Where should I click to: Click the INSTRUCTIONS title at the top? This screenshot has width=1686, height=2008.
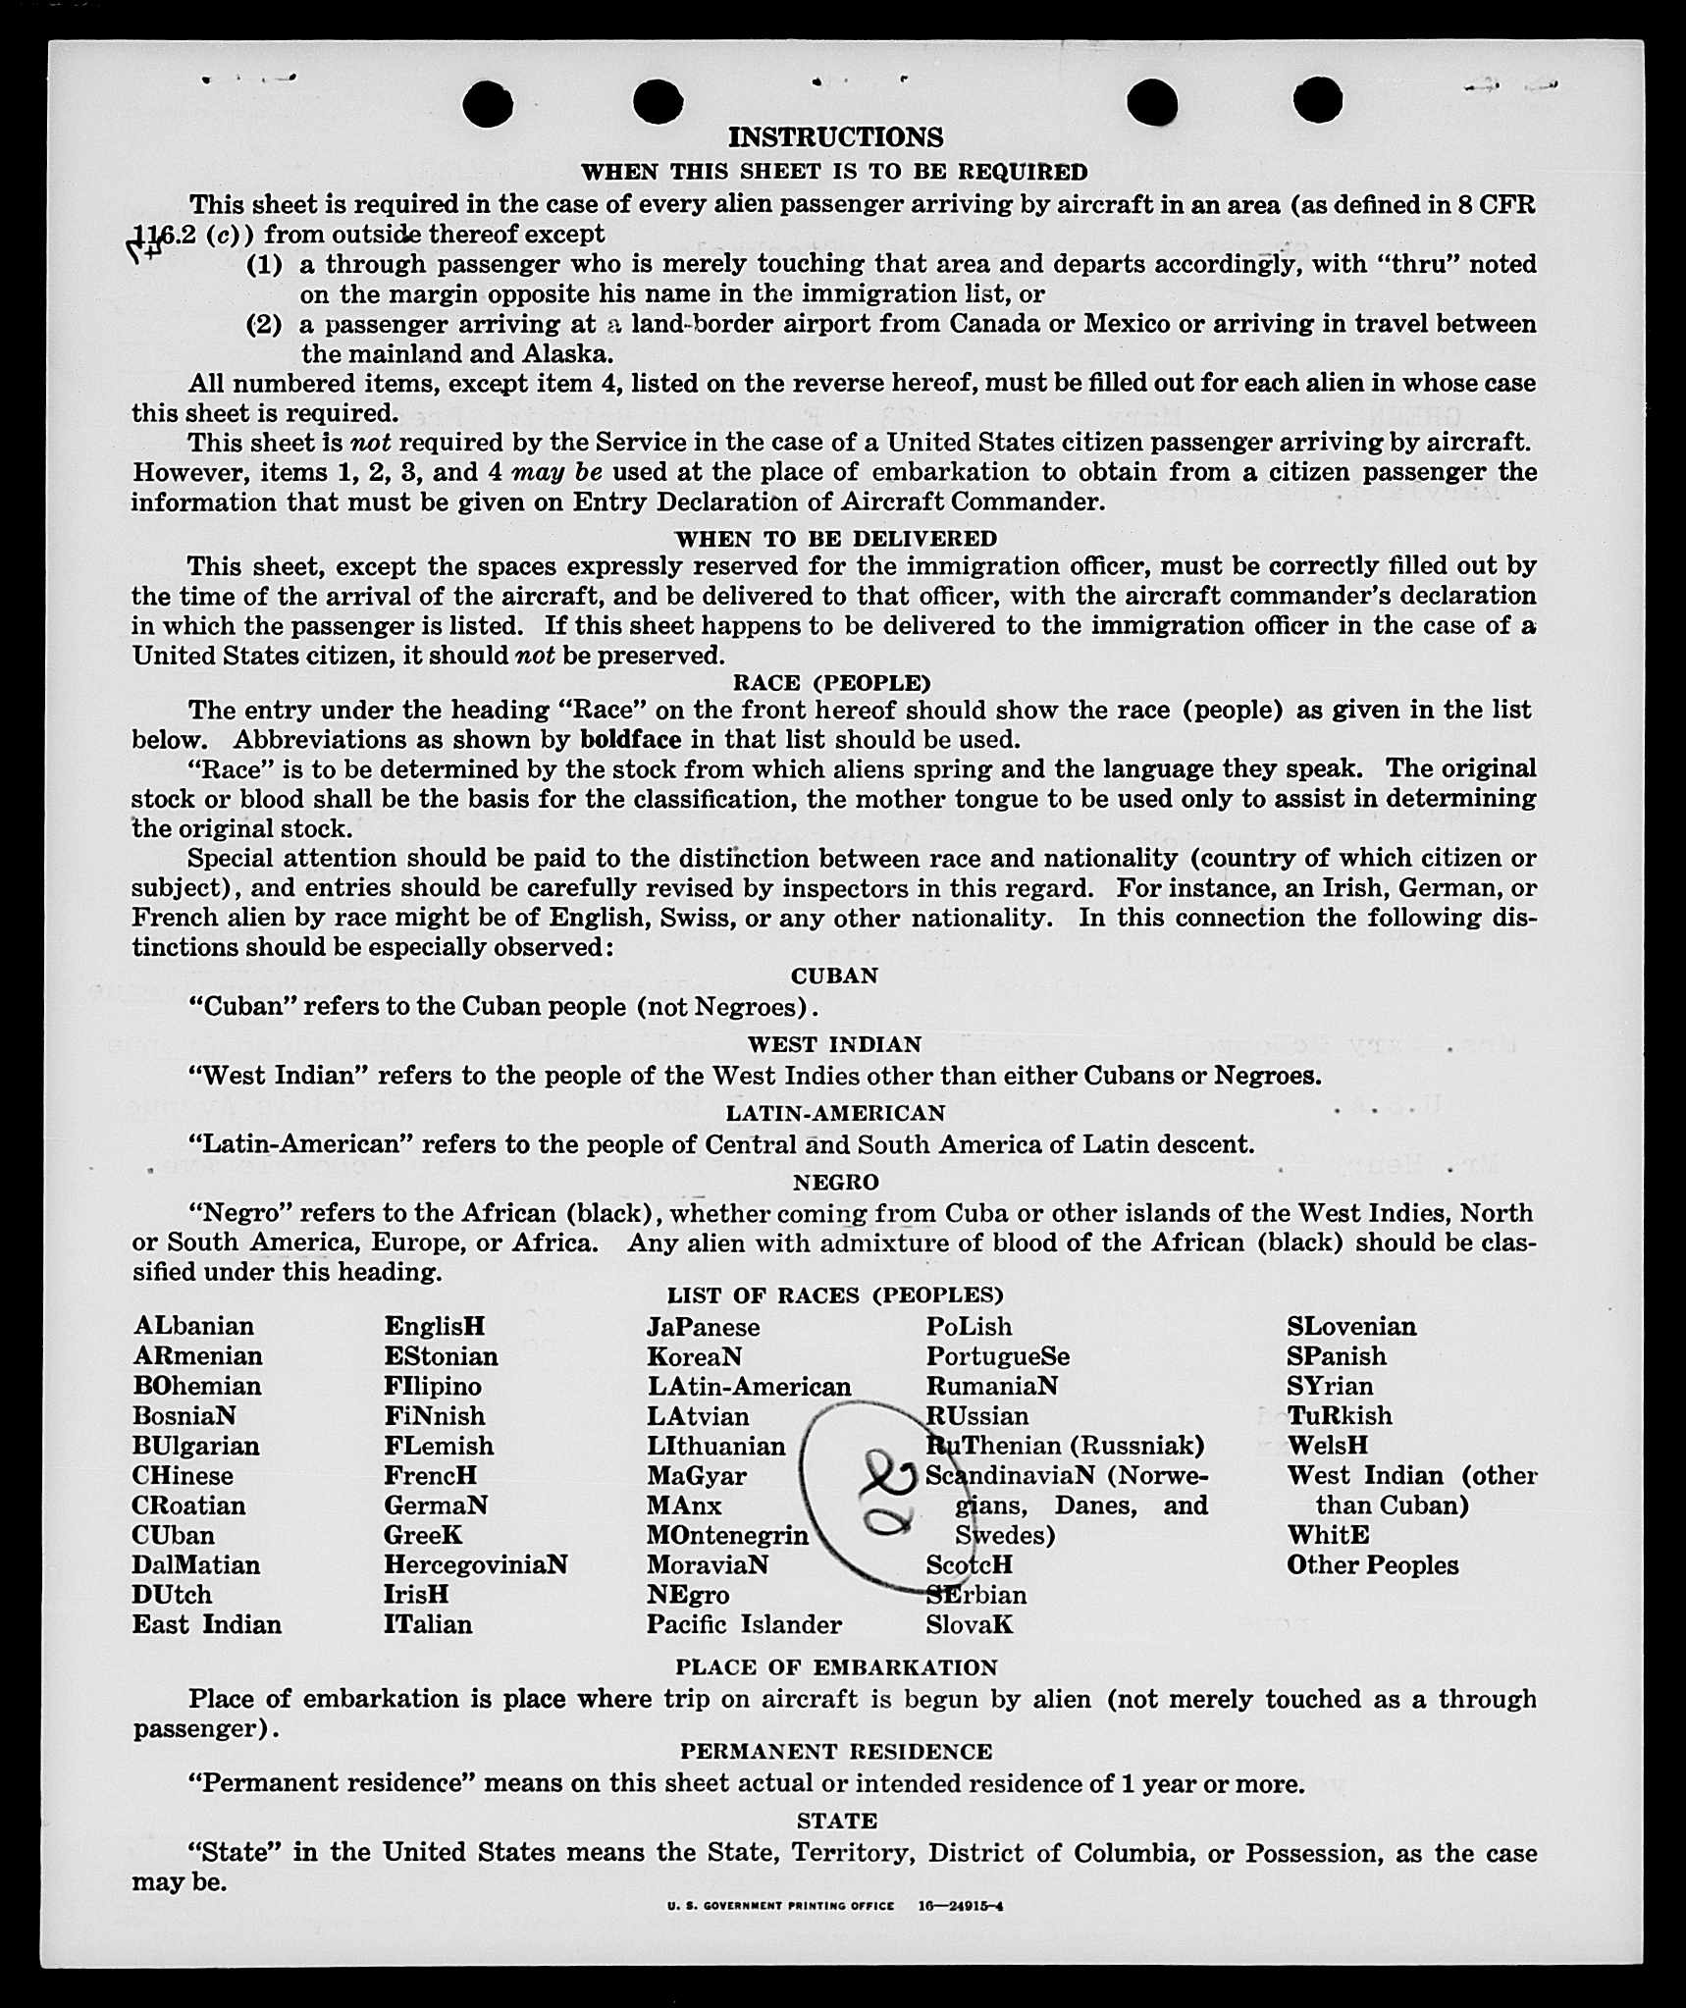835,137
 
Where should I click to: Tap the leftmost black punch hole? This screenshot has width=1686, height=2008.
488,104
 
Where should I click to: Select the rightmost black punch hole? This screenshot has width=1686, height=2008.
1317,101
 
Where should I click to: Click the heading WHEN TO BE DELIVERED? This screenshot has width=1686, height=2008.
835,539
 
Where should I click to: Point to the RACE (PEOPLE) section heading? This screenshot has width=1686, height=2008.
831,683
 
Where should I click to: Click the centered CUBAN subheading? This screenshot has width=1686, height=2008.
834,976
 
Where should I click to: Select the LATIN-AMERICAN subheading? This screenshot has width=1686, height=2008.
835,1113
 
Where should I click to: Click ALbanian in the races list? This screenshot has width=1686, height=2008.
193,1326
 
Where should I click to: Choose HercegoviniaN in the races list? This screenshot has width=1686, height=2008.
475,1564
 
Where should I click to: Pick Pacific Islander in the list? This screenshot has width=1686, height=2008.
743,1624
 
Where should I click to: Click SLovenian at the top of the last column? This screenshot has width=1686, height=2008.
1351,1327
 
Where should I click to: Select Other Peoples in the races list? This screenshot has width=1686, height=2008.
1372,1565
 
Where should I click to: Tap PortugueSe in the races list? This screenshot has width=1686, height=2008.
997,1356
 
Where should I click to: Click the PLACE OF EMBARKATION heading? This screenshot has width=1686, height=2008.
836,1667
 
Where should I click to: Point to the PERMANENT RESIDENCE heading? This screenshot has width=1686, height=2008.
836,1752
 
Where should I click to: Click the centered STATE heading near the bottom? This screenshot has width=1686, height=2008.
836,1822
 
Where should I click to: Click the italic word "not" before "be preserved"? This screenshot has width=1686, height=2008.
535,656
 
